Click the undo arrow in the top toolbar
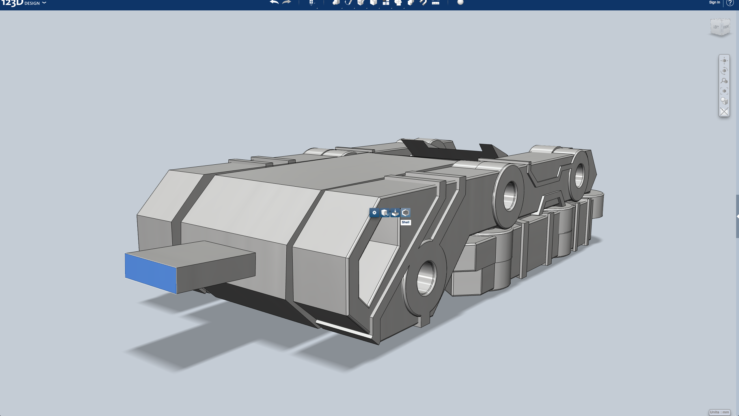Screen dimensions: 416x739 (274, 3)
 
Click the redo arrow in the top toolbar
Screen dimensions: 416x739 (286, 3)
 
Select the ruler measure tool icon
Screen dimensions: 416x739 (436, 3)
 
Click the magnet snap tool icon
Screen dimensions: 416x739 (423, 3)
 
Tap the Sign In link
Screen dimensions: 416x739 (714, 2)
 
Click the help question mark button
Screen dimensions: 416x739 (730, 3)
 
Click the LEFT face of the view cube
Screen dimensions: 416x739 (716, 27)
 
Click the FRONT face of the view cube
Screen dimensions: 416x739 (726, 27)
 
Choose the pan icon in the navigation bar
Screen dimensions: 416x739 (724, 61)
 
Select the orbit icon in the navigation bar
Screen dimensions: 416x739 (724, 71)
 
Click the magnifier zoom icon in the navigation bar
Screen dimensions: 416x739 (724, 81)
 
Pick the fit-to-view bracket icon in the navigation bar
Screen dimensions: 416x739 (724, 91)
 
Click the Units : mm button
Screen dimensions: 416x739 (719, 412)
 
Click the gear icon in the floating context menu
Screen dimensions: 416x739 (374, 213)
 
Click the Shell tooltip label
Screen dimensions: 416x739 (406, 222)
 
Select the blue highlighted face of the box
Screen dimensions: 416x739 (150, 273)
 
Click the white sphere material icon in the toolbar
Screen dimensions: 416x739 (460, 3)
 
